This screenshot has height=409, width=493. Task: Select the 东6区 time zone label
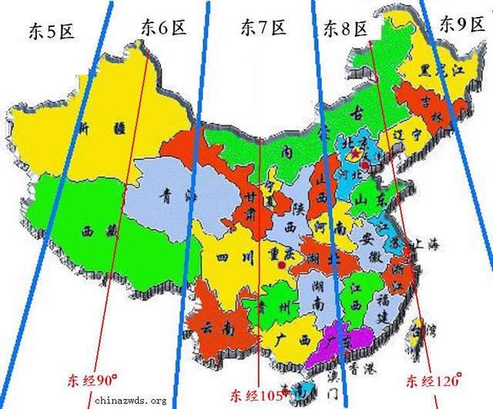164,28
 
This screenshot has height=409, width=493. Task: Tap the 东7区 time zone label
263,28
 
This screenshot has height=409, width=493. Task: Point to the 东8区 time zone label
344,30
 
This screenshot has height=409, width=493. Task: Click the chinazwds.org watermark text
130,401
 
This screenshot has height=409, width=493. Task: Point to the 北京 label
355,142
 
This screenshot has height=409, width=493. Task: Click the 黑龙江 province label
444,71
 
